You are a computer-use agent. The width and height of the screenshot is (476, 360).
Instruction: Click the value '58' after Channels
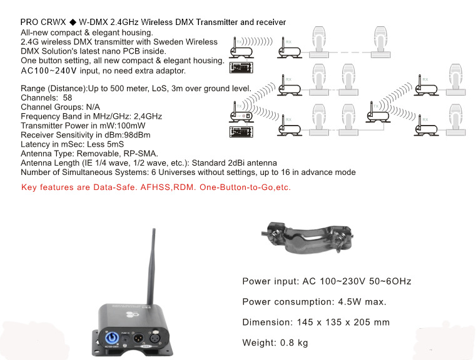click(68, 98)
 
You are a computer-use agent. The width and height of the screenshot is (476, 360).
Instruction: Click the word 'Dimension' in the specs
click(264, 322)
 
